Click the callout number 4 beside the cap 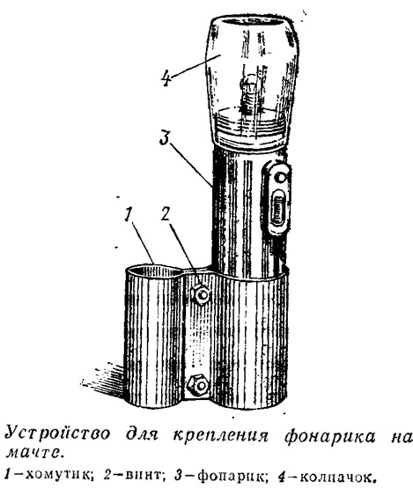(x=166, y=78)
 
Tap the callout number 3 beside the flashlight (x=166, y=137)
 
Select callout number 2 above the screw (x=166, y=213)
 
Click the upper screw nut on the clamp (x=202, y=294)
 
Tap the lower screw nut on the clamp (x=197, y=386)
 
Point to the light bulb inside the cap (x=247, y=91)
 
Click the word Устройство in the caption (x=58, y=434)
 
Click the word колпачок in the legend (x=337, y=476)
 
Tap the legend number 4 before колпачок (x=282, y=475)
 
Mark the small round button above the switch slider (x=281, y=178)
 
